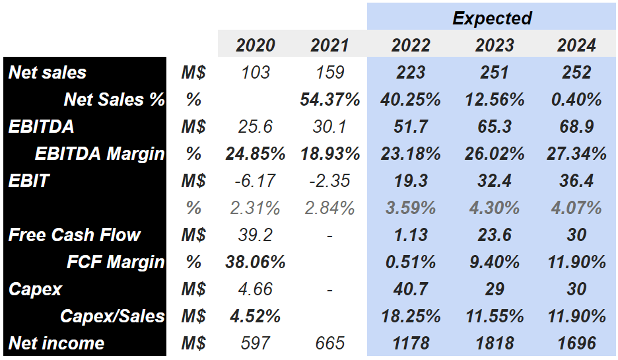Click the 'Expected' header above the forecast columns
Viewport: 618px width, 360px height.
tap(492, 18)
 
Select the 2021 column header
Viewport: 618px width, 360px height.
tap(329, 45)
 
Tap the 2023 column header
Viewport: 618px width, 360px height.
tap(494, 45)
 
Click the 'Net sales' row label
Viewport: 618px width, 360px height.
tap(48, 72)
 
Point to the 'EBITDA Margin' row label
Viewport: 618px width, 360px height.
tap(99, 153)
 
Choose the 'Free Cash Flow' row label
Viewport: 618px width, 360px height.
tap(74, 234)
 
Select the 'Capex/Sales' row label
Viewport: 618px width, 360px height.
tap(112, 316)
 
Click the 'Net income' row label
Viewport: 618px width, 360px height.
tap(56, 343)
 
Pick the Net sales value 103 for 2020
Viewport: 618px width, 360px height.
tap(256, 72)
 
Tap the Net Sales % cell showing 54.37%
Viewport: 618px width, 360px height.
tap(329, 99)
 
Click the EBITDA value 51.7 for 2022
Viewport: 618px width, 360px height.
tap(411, 126)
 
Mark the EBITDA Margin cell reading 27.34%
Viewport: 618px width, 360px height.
tap(576, 153)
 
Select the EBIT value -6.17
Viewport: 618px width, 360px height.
tap(256, 180)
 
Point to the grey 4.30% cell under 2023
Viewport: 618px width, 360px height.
tap(494, 207)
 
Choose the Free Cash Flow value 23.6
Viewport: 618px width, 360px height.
tap(494, 234)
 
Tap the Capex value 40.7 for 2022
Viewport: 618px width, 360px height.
tap(411, 289)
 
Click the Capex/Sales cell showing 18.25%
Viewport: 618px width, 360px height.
tap(411, 316)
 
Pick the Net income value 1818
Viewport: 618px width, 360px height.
tap(494, 343)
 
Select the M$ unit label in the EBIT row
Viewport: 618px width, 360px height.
tap(193, 180)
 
